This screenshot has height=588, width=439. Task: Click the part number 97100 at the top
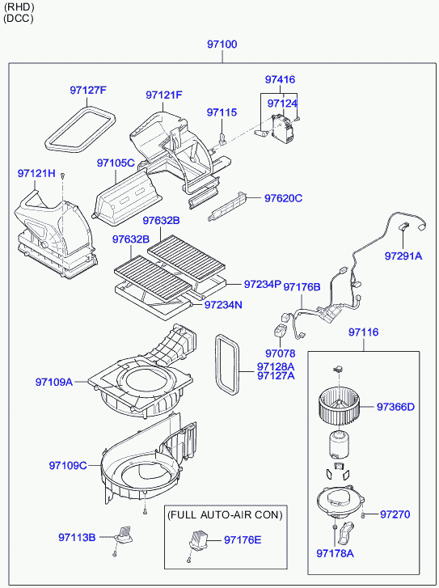(222, 44)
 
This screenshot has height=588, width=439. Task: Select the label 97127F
(88, 91)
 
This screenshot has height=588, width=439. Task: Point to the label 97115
(222, 112)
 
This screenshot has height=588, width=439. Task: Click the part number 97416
(280, 79)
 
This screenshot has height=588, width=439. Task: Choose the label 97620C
(283, 198)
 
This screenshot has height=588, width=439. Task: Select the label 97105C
(116, 163)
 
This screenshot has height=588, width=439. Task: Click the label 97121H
(36, 174)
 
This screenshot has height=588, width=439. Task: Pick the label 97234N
(223, 305)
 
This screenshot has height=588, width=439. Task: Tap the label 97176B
(302, 287)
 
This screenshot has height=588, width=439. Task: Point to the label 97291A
(403, 256)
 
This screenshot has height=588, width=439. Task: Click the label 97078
(280, 353)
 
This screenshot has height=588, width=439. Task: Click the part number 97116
(363, 332)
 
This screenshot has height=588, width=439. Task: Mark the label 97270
(395, 514)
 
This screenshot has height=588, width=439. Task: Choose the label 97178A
(336, 553)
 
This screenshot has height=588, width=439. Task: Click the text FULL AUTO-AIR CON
(225, 515)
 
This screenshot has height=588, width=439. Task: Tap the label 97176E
(243, 540)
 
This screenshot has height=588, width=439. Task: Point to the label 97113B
(77, 537)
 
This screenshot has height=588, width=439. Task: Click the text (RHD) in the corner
(19, 6)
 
